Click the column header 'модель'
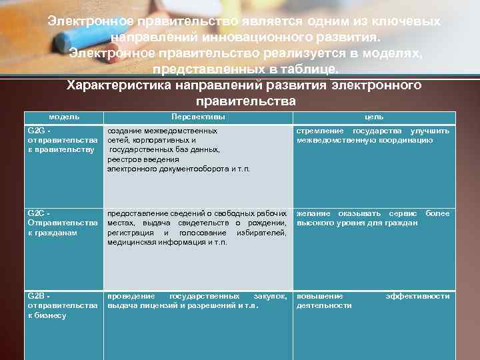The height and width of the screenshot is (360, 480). (x=65, y=117)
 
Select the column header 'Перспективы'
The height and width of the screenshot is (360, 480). (x=197, y=117)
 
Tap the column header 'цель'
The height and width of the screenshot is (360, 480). (x=373, y=117)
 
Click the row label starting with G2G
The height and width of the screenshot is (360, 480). (x=62, y=140)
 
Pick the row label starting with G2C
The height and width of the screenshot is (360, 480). (x=62, y=223)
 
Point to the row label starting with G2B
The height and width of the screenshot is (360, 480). (x=62, y=305)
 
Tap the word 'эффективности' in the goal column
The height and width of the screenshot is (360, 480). (x=417, y=296)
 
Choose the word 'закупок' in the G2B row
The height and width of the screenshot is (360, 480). (x=271, y=296)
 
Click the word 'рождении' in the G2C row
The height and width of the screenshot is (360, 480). (x=266, y=223)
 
